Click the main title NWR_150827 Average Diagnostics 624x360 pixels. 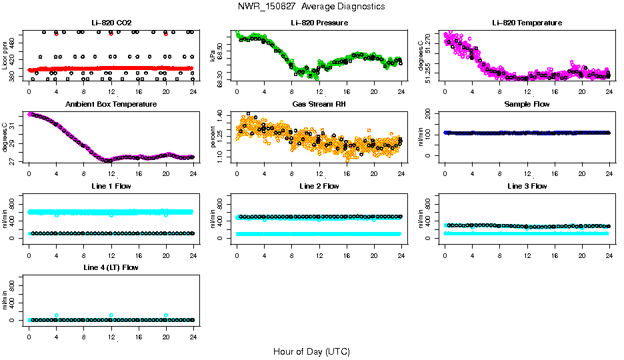click(x=311, y=7)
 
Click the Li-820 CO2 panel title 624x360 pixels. click(x=111, y=23)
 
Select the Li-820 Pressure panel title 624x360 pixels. click(x=319, y=23)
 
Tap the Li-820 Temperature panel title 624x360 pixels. click(x=527, y=23)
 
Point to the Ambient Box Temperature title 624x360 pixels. click(x=111, y=105)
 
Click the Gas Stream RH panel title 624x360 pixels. click(x=319, y=105)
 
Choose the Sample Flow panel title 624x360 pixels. click(x=527, y=105)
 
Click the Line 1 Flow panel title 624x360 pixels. click(x=111, y=186)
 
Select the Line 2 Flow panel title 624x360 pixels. click(x=319, y=186)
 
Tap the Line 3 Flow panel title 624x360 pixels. click(x=527, y=186)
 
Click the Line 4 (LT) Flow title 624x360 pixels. click(x=111, y=267)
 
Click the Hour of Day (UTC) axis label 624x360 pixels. click(x=311, y=351)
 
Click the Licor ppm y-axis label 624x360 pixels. click(x=5, y=55)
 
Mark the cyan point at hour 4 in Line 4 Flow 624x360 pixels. click(x=57, y=315)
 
